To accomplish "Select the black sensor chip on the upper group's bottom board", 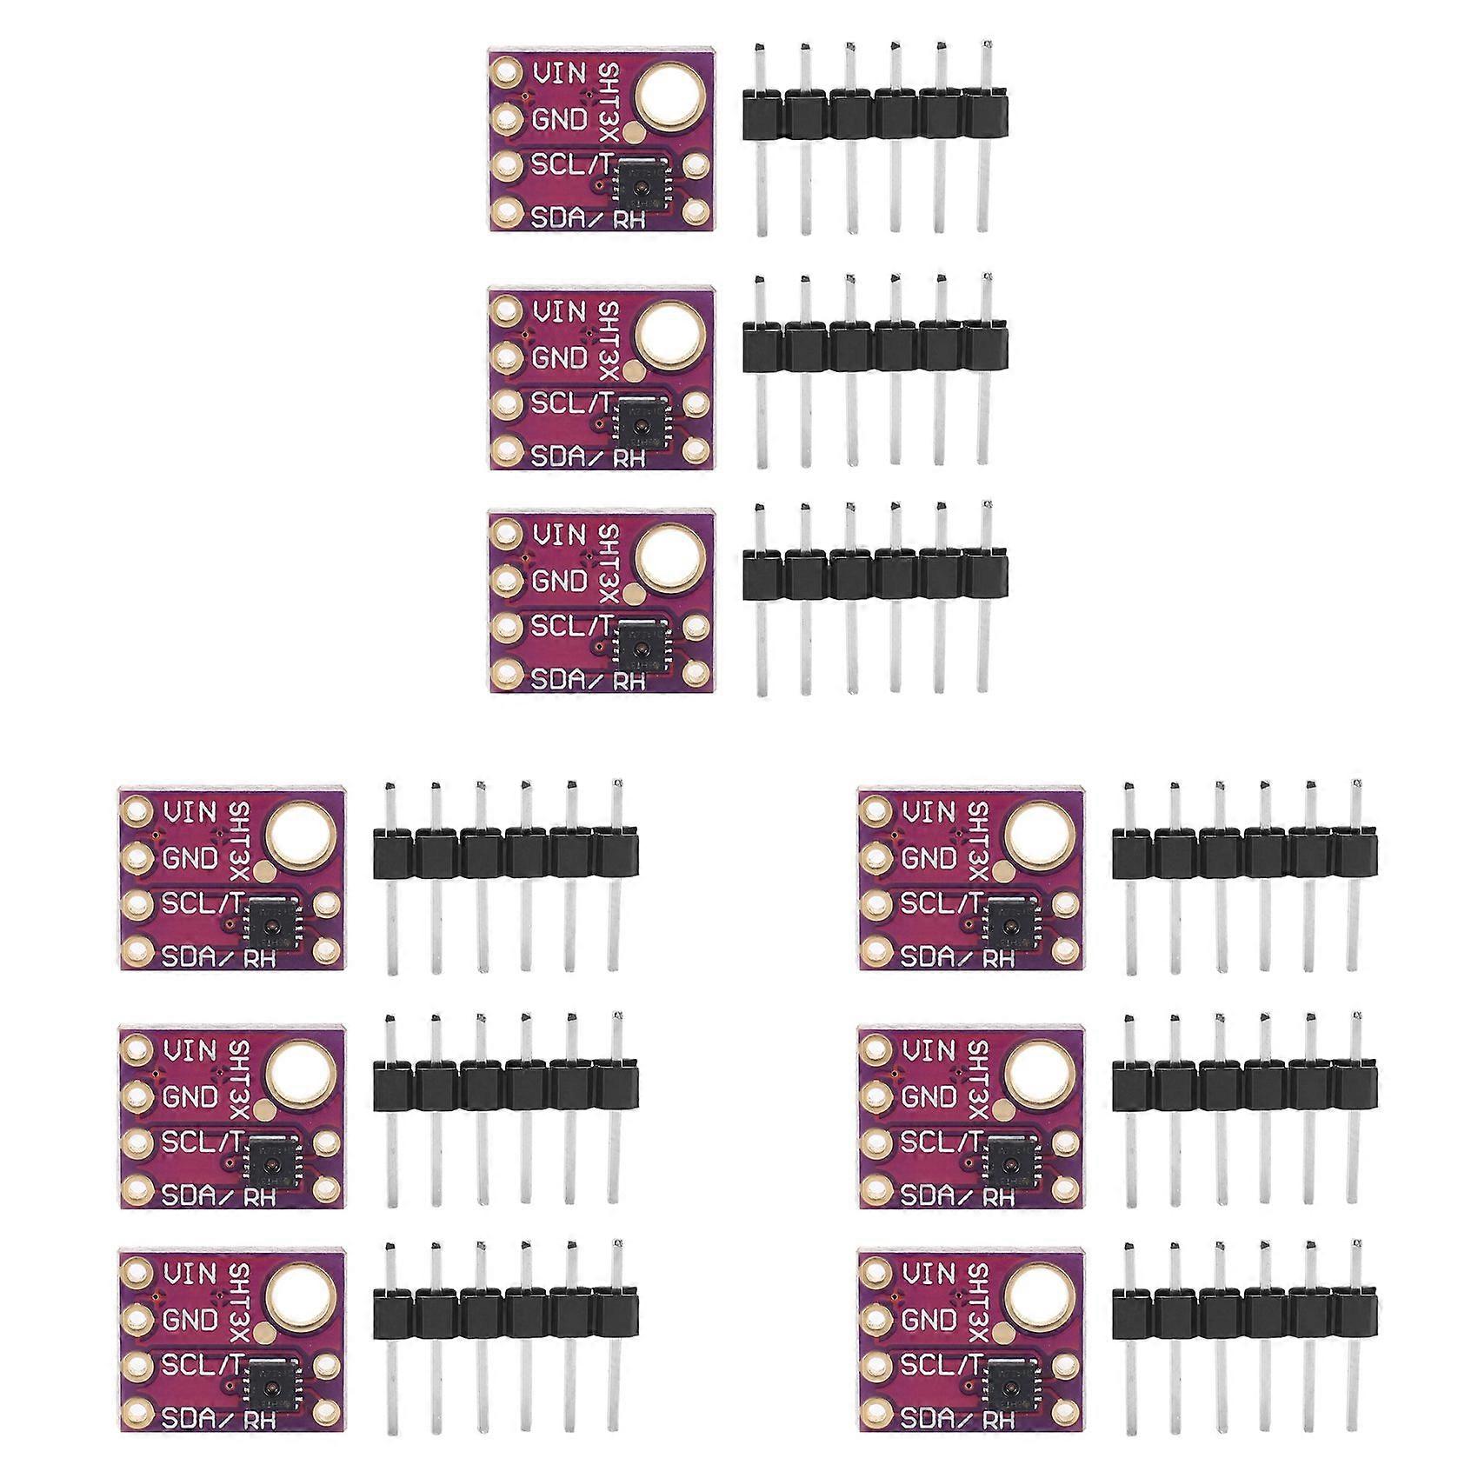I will point(639,646).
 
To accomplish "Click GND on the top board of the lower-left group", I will point(190,859).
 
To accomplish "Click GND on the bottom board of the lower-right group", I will point(929,1319).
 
